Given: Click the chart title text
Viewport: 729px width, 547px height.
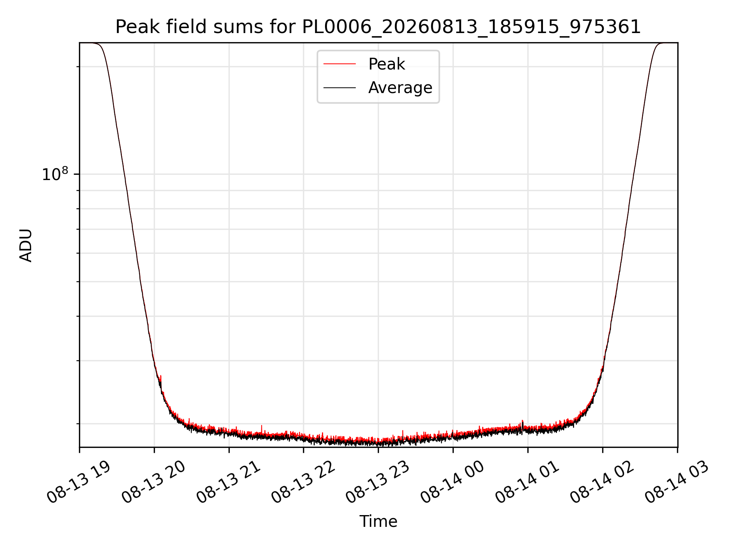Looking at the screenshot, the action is click(378, 27).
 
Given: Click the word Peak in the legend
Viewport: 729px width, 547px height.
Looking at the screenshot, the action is click(387, 64).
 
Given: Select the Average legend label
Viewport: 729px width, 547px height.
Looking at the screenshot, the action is click(400, 88).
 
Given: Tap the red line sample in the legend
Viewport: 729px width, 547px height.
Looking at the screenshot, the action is click(339, 64).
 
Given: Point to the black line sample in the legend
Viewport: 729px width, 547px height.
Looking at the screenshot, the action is click(339, 88).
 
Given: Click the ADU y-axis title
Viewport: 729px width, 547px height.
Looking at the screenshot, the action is click(26, 245).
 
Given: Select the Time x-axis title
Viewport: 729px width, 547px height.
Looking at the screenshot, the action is click(378, 522).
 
